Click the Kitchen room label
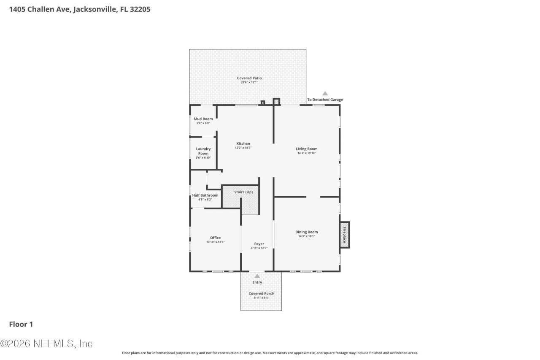pyautogui.click(x=243, y=143)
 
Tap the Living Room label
pyautogui.click(x=306, y=149)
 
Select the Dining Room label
pyautogui.click(x=306, y=232)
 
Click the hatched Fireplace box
pyautogui.click(x=345, y=235)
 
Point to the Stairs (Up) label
pyautogui.click(x=243, y=192)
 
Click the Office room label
pyautogui.click(x=215, y=238)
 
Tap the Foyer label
pyautogui.click(x=259, y=244)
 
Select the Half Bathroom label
pyautogui.click(x=205, y=195)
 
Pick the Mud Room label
pyautogui.click(x=203, y=119)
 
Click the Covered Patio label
pyautogui.click(x=249, y=78)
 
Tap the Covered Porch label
pyautogui.click(x=261, y=293)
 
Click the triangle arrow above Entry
pyautogui.click(x=257, y=276)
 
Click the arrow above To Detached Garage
pyautogui.click(x=325, y=93)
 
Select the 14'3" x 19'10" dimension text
pyautogui.click(x=306, y=153)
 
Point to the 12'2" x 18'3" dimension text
pyautogui.click(x=243, y=148)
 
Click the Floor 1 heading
pyautogui.click(x=21, y=324)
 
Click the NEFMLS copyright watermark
pyautogui.click(x=46, y=344)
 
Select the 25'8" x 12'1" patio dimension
pyautogui.click(x=249, y=82)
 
